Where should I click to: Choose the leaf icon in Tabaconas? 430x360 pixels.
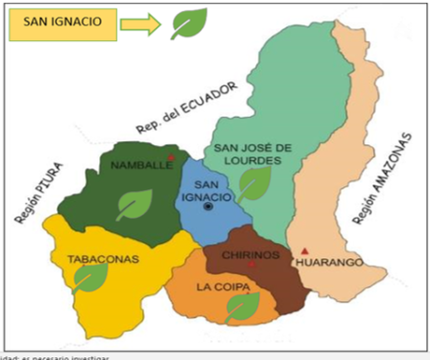[90, 278]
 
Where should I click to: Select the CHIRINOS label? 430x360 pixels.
[251, 255]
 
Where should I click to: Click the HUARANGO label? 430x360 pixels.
[331, 262]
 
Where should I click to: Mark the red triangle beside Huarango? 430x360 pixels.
[305, 250]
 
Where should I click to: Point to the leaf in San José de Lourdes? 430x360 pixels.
[254, 183]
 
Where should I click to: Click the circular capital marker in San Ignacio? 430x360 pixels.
[208, 208]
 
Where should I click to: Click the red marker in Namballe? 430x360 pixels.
[172, 157]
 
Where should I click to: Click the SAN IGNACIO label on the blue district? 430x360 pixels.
[213, 189]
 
